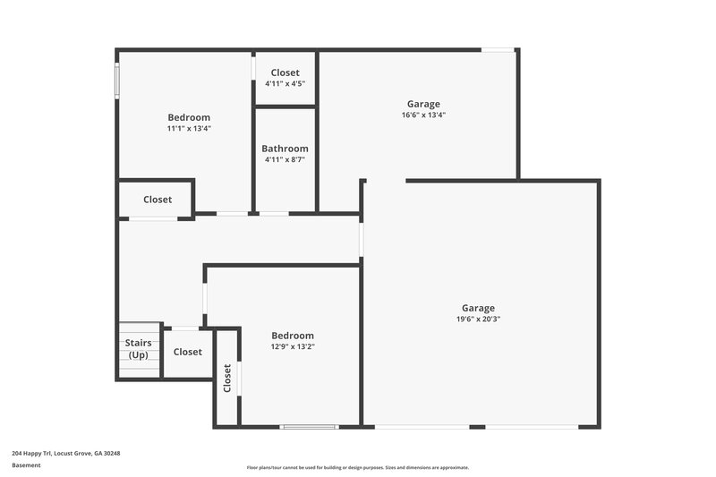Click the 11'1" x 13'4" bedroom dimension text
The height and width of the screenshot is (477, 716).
click(189, 129)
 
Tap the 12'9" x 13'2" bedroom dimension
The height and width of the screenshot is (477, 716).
click(293, 346)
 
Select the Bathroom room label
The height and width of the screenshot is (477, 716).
click(285, 149)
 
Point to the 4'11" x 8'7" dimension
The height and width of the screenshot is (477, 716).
click(285, 160)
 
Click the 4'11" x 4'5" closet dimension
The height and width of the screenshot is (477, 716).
click(285, 83)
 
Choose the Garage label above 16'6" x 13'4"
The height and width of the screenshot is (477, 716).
click(423, 104)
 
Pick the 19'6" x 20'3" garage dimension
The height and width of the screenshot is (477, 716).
click(478, 319)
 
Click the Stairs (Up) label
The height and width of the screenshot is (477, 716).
click(138, 349)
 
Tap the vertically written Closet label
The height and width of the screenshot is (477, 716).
click(227, 378)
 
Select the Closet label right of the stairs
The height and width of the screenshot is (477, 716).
click(188, 352)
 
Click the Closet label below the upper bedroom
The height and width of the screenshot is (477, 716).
click(158, 200)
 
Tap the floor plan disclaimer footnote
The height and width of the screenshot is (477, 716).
click(357, 467)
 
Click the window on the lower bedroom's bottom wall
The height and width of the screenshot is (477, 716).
click(309, 427)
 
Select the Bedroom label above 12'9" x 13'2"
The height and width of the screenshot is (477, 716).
click(293, 336)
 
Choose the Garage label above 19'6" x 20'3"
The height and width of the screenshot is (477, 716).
click(478, 308)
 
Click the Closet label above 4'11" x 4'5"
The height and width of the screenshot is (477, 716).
click(285, 72)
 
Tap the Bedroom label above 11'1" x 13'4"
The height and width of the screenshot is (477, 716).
click(189, 117)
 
